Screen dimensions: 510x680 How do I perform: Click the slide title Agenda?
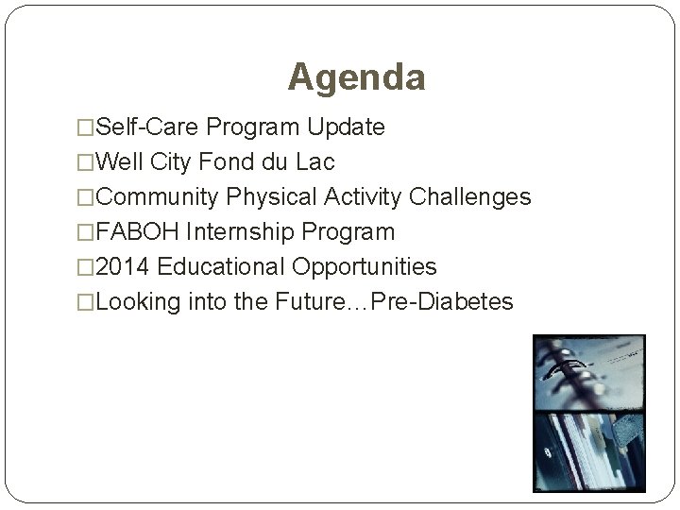coord(356,77)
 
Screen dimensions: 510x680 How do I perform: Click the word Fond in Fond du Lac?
coord(223,162)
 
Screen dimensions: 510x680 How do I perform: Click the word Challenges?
coord(470,197)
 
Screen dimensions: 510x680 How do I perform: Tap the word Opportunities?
coord(365,267)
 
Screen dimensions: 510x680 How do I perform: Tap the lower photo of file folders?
coord(589,458)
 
